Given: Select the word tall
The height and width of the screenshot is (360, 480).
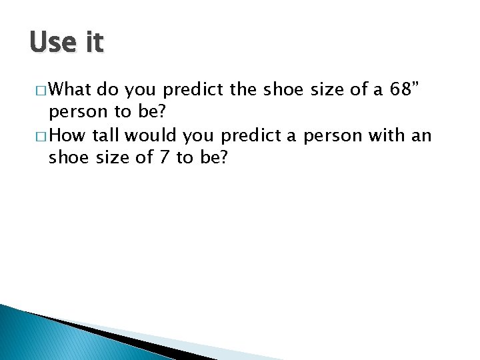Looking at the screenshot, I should point(107,136).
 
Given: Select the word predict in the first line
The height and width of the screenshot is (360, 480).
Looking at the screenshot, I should point(191,89).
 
